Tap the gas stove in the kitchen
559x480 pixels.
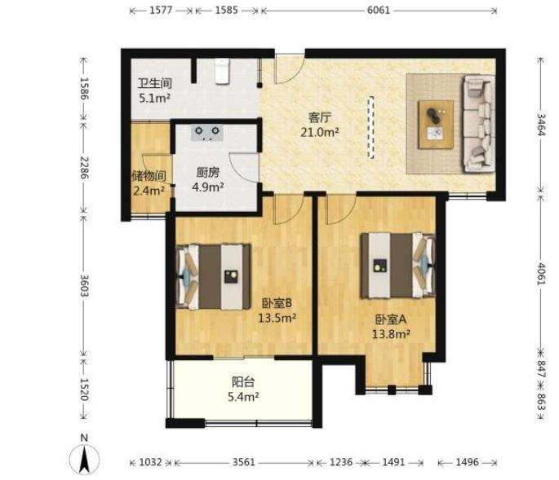(207, 133)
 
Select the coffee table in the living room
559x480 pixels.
(436, 124)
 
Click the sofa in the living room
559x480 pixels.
(479, 123)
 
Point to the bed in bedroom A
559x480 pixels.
(398, 266)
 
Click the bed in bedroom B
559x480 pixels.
(213, 277)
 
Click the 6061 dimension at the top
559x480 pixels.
(379, 10)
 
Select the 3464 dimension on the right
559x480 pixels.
(541, 125)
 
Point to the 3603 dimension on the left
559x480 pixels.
(84, 285)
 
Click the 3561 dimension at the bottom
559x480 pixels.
(244, 462)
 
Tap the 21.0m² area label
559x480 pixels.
(319, 133)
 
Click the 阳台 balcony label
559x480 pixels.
(243, 382)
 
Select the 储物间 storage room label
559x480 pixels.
(149, 176)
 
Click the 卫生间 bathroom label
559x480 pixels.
(155, 83)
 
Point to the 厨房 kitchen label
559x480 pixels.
(208, 173)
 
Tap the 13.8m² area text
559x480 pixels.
(391, 334)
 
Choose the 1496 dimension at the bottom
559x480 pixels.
(467, 462)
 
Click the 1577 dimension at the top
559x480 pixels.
(161, 10)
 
